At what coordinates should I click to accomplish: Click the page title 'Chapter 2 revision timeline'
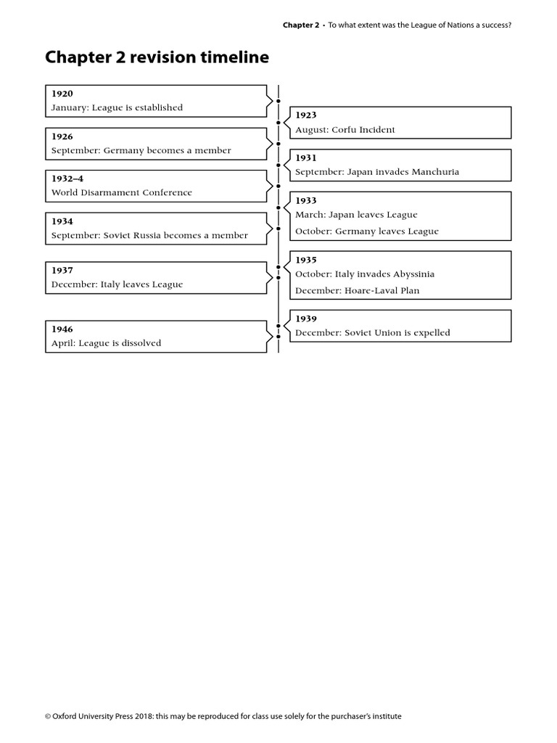157,57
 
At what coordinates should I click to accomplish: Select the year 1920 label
62,94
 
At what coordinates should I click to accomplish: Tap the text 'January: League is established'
117,107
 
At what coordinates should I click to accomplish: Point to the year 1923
306,115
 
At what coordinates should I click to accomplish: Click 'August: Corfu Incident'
345,129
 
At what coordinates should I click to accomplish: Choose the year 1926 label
62,136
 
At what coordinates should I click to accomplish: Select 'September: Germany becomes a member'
141,150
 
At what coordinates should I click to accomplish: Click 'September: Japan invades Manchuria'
377,172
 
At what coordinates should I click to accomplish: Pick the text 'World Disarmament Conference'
122,192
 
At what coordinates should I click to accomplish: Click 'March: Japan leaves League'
356,215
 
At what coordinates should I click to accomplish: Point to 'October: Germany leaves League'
367,231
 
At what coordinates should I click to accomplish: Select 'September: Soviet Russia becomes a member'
149,235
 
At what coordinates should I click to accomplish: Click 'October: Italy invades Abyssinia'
365,274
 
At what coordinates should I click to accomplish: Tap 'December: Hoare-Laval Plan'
358,290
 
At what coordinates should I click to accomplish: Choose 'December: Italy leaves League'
117,284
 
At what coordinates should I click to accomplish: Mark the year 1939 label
306,319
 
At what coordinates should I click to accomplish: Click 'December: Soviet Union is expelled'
373,333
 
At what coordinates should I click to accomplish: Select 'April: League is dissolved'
106,343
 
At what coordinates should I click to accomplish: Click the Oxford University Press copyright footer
223,716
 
